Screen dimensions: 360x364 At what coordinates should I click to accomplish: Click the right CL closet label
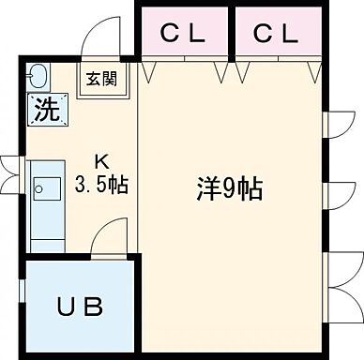[x=275, y=33]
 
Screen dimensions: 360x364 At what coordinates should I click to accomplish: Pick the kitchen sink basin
[x=42, y=187]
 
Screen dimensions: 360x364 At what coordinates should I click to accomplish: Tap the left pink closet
[x=184, y=34]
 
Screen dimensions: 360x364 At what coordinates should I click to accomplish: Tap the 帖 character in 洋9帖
[x=249, y=189]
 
